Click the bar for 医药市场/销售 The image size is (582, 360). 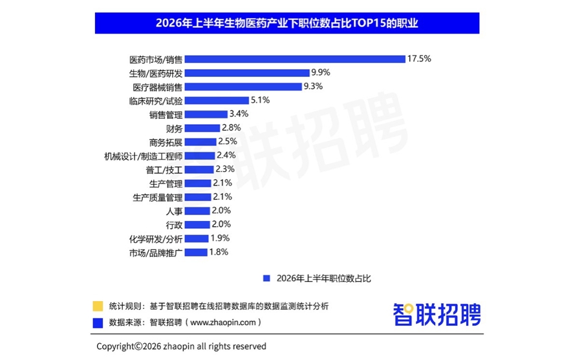(295, 59)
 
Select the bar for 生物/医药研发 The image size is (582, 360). (247, 73)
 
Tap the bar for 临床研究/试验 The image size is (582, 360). (217, 101)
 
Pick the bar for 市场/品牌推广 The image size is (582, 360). (196, 252)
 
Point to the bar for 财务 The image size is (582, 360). (202, 128)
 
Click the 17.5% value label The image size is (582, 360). (419, 59)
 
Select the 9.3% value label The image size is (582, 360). (313, 87)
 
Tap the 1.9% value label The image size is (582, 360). (220, 238)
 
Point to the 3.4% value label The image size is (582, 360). (239, 114)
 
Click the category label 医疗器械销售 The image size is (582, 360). (158, 87)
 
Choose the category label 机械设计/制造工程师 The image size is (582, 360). (144, 156)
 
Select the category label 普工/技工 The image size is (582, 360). (164, 170)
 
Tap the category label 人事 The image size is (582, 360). (174, 211)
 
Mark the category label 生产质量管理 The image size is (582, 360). (158, 197)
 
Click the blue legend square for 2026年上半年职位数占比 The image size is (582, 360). (266, 279)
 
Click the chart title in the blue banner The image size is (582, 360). (287, 23)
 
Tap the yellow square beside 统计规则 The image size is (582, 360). (98, 306)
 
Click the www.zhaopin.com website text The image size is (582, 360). (223, 322)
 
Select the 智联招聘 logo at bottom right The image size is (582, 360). (437, 315)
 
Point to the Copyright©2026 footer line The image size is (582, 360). (181, 346)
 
